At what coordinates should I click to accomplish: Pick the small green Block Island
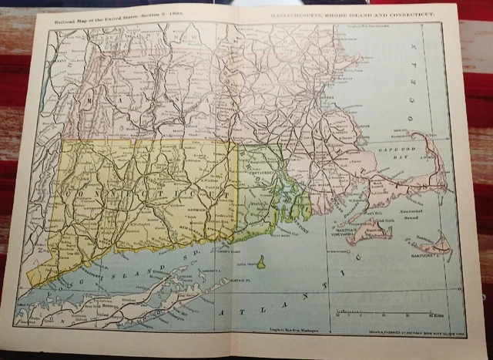(261, 263)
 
